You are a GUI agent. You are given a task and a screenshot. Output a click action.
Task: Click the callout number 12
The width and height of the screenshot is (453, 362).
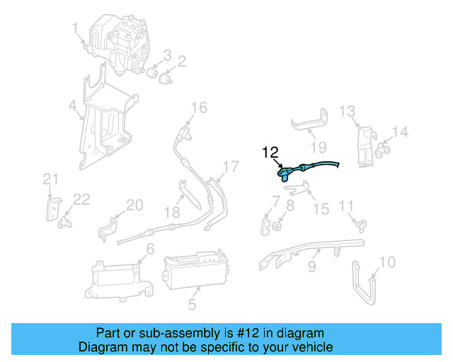[x=270, y=152]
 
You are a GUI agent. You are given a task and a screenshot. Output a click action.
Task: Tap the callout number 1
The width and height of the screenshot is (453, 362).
[x=75, y=28]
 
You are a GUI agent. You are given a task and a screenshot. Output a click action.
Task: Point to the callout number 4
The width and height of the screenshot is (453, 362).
[x=72, y=107]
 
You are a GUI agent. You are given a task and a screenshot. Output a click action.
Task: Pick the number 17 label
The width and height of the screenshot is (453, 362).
[x=231, y=167]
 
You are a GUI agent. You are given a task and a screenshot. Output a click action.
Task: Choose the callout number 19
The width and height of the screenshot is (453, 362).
[x=319, y=147]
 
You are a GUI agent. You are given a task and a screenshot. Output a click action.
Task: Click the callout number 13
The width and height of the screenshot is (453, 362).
[x=346, y=111]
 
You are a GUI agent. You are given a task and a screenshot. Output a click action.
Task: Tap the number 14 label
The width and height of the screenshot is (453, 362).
[x=400, y=132]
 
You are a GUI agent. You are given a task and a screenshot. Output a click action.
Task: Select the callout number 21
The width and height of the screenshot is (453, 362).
[x=49, y=180]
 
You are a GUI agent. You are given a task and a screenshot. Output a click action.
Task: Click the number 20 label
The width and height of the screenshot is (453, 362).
[x=134, y=206]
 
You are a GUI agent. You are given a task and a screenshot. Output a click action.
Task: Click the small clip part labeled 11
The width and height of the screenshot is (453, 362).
[x=361, y=223]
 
